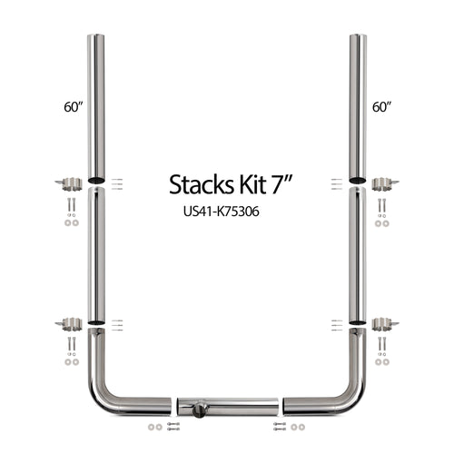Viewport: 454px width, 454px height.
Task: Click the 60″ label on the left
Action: [x=74, y=107]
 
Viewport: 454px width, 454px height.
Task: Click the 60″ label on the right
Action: [x=381, y=107]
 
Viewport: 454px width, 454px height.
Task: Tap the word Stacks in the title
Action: [x=199, y=184]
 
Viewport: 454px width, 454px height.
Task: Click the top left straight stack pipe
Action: [x=95, y=104]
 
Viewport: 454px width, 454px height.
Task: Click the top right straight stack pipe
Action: [x=359, y=104]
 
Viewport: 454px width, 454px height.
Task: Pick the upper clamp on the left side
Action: [x=69, y=184]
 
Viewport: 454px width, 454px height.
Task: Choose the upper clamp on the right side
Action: [x=385, y=184]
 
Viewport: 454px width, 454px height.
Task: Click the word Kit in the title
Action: [x=245, y=184]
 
